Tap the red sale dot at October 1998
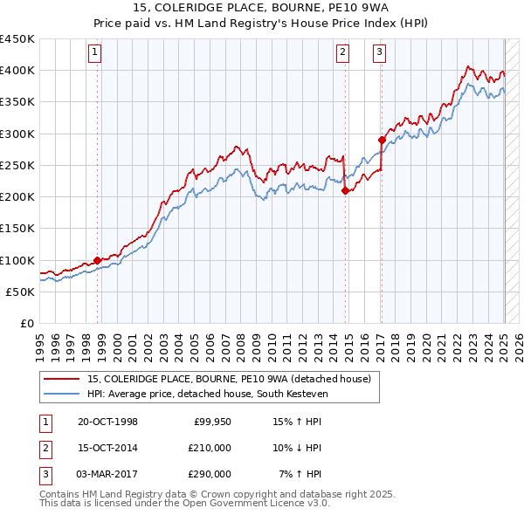(x=97, y=260)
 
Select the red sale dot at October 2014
(x=345, y=190)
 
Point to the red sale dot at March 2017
(x=382, y=140)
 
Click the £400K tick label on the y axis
(x=17, y=71)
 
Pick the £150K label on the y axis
(x=17, y=229)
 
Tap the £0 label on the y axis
(x=27, y=324)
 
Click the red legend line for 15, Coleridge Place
(x=62, y=379)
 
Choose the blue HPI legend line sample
(x=62, y=394)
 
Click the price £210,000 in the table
(x=209, y=448)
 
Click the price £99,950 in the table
(x=212, y=422)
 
